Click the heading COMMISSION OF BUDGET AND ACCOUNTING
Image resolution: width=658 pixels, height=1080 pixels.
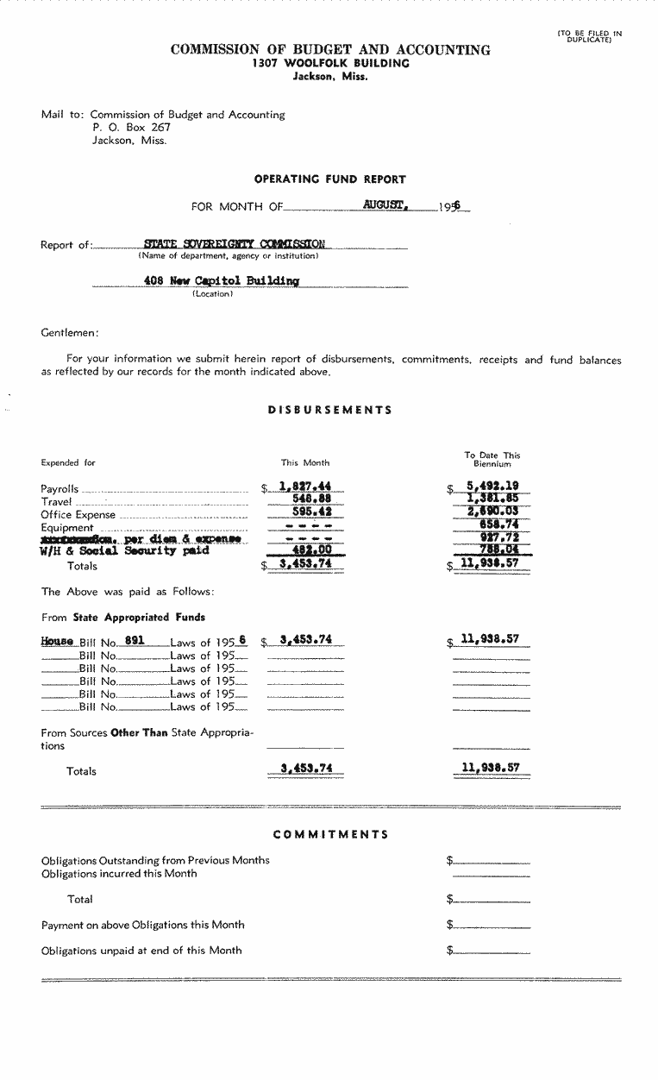point(330,50)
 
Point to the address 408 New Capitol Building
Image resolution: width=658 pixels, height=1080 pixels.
point(222,281)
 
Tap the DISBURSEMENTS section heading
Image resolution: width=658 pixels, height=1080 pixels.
point(330,411)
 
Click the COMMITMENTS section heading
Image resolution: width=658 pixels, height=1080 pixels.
point(330,834)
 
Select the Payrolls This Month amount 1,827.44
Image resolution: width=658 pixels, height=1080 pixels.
point(306,487)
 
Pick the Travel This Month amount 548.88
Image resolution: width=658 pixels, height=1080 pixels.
point(312,500)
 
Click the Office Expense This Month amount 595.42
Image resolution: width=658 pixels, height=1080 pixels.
point(312,513)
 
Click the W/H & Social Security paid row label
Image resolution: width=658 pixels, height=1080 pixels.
point(125,551)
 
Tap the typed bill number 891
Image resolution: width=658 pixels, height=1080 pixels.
point(134,640)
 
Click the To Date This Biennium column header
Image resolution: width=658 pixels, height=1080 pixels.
point(492,459)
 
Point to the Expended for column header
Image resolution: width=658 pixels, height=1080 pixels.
point(68,462)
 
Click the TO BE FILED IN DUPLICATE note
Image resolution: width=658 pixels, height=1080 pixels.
point(589,36)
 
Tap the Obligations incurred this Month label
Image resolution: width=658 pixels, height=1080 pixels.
point(119,873)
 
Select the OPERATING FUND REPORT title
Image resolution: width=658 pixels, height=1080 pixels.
point(329,179)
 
